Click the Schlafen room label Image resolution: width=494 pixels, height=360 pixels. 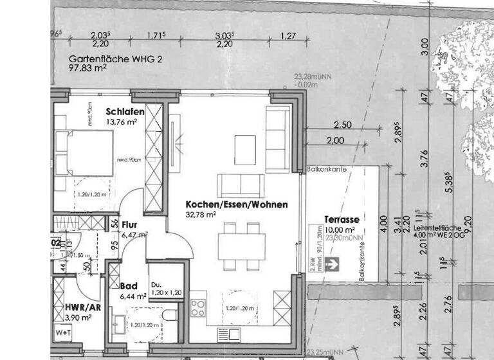125,111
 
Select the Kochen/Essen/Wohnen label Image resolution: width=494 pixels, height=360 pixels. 236,204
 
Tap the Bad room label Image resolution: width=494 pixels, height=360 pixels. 129,285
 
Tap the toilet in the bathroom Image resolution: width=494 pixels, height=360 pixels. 169,316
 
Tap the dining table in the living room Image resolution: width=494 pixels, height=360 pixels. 241,244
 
